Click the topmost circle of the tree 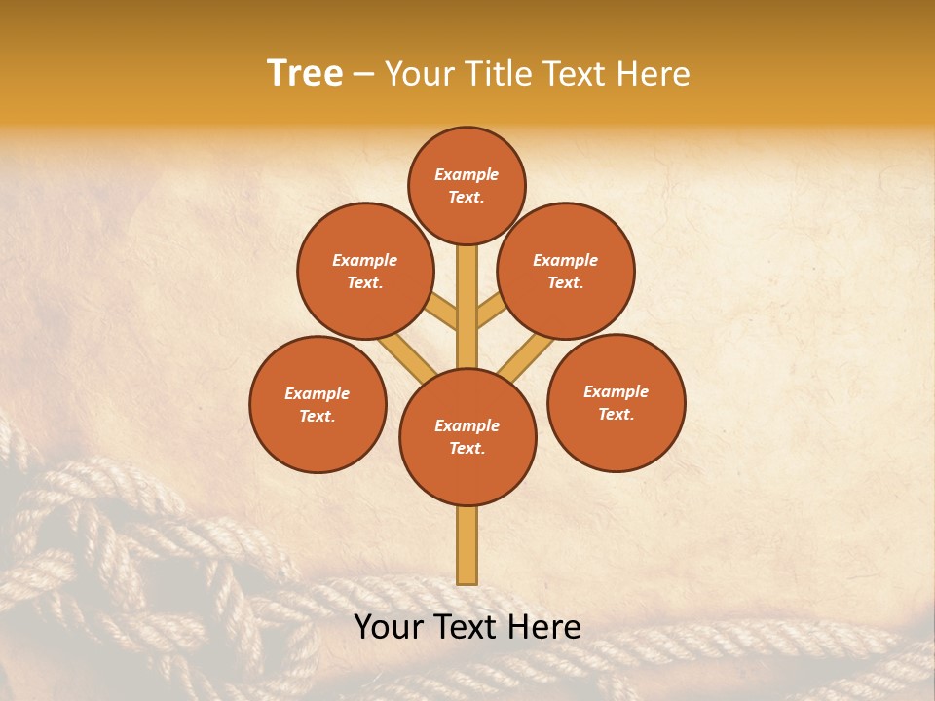pyautogui.click(x=467, y=185)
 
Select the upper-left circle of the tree pyautogui.click(x=365, y=271)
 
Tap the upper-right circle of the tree pyautogui.click(x=566, y=271)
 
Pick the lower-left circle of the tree pyautogui.click(x=318, y=404)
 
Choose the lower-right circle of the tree pyautogui.click(x=617, y=402)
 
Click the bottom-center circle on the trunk pyautogui.click(x=467, y=437)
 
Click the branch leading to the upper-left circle pyautogui.click(x=444, y=312)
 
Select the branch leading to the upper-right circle pyautogui.click(x=491, y=312)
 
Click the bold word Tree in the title pyautogui.click(x=305, y=73)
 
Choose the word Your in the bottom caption pyautogui.click(x=388, y=627)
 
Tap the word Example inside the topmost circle pyautogui.click(x=467, y=174)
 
